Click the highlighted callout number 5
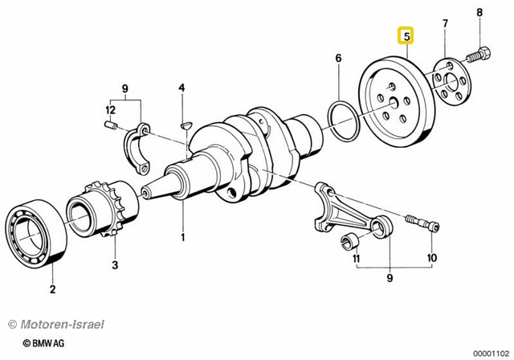(407, 36)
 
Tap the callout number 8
(480, 12)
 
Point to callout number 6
(338, 58)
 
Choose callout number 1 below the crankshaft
(182, 237)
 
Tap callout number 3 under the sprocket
(115, 264)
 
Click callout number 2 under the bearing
(53, 289)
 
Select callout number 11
(356, 260)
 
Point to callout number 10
(431, 259)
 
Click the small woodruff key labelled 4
(183, 125)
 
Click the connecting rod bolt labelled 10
(425, 223)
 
